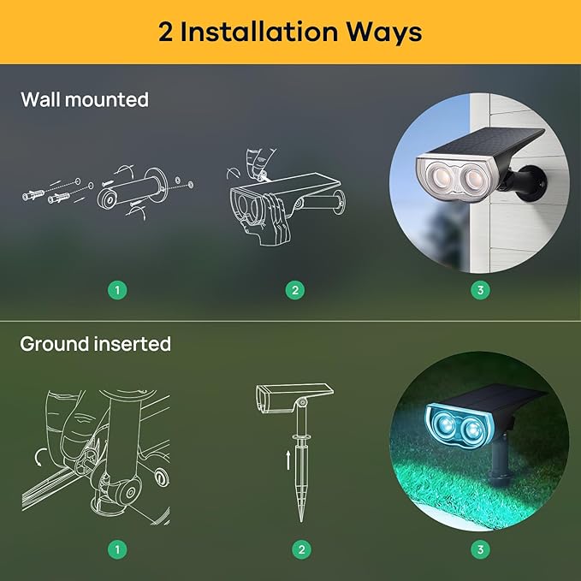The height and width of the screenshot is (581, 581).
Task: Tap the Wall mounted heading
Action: [x=85, y=99]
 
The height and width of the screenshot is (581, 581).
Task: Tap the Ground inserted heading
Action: [x=96, y=344]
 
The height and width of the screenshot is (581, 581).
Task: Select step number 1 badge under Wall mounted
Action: [x=119, y=290]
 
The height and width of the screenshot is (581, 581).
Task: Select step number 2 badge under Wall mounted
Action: [x=293, y=290]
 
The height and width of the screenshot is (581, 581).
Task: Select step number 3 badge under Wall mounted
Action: [x=480, y=290]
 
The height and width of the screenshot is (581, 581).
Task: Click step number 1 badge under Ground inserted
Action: [x=119, y=548]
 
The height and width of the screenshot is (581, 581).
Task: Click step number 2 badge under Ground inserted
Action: [x=299, y=548]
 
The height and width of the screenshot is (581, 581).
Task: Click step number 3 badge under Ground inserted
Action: [x=480, y=548]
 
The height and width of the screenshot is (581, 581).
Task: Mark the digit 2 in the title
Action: [x=167, y=32]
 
